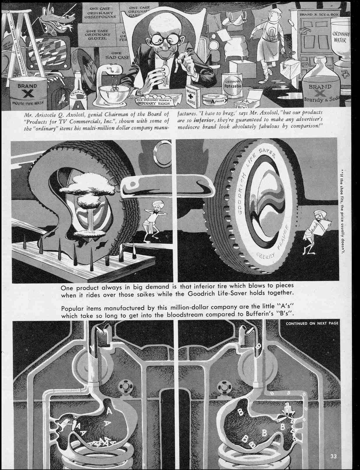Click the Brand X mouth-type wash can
pyautogui.click(x=28, y=93)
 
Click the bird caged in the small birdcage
pyautogui.click(x=61, y=99)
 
